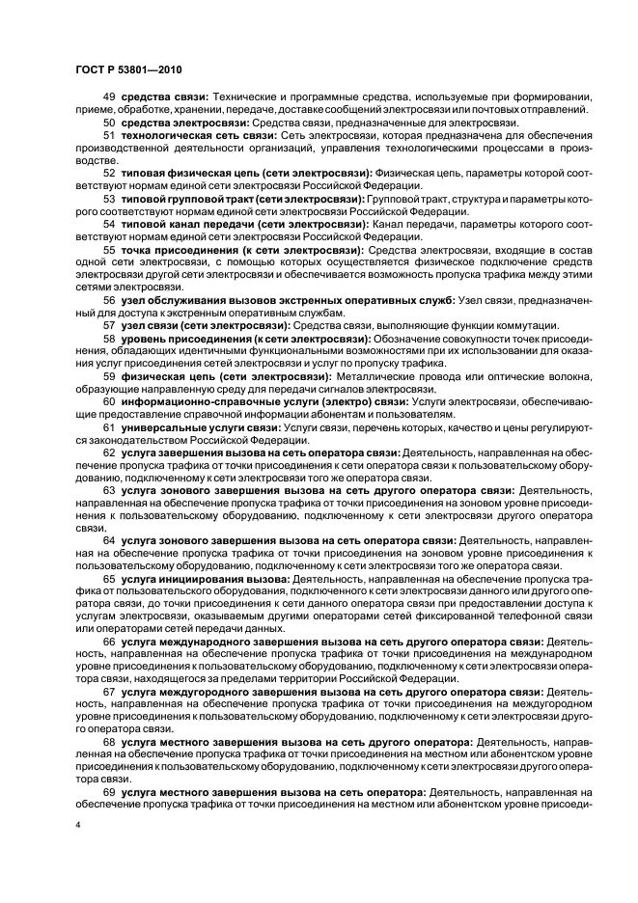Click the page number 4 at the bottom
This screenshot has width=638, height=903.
[79, 826]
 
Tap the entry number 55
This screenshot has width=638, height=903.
[109, 248]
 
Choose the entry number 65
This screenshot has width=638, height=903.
[109, 577]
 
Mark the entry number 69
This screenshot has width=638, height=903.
[109, 791]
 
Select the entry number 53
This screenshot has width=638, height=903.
[109, 197]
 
